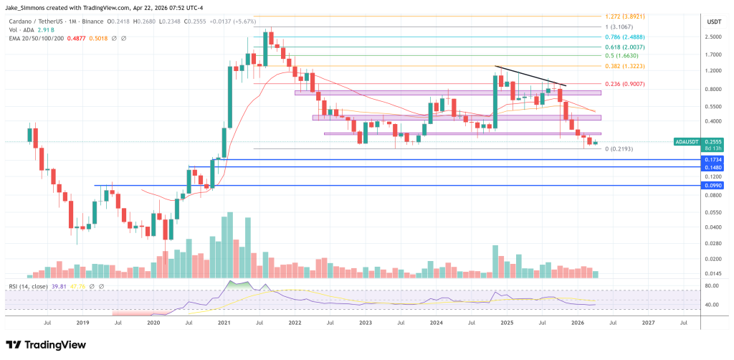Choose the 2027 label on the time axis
tap(647, 323)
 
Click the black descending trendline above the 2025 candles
tap(530, 75)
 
